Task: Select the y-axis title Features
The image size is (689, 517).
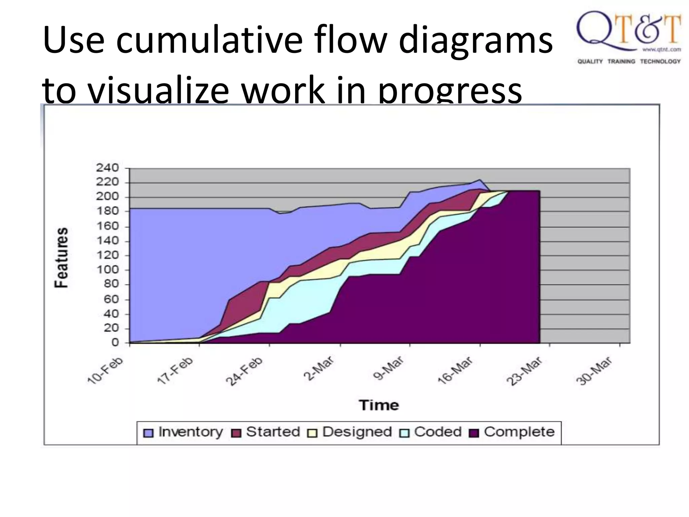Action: (62, 257)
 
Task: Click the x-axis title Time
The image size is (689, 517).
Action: (379, 405)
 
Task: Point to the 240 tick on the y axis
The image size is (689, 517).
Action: (108, 168)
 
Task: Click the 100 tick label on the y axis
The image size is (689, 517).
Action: (108, 270)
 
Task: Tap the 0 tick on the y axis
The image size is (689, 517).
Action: (115, 343)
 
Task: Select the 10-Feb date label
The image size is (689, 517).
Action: (105, 370)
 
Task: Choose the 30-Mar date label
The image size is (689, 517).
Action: (594, 371)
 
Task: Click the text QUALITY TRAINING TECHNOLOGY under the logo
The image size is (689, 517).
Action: (629, 62)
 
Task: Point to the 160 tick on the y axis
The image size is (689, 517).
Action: (108, 226)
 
